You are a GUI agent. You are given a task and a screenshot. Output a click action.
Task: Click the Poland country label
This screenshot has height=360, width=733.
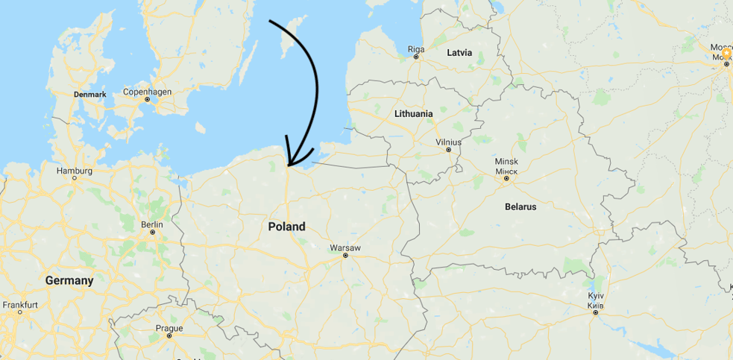coord(286,227)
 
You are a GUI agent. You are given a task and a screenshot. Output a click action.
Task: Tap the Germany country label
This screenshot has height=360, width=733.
coord(69,281)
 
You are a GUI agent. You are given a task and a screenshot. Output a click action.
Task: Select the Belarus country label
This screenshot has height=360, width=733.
coord(520,206)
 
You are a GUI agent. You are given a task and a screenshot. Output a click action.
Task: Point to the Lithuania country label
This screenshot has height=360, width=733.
coord(413,113)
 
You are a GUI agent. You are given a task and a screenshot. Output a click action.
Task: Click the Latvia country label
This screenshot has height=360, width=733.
coord(459,53)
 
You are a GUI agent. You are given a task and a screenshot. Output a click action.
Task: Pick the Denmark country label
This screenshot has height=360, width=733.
coord(90,95)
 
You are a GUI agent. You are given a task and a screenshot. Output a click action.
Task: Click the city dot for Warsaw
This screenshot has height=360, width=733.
coord(345,256)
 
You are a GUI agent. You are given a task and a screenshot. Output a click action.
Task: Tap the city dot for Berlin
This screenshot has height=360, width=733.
coord(152,233)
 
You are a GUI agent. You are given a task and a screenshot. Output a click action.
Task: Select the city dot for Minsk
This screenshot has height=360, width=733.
coord(506,178)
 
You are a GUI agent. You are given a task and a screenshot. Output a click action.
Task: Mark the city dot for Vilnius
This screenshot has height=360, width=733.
coord(449,150)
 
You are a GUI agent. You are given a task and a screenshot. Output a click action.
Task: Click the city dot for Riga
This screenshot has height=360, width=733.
coord(416,57)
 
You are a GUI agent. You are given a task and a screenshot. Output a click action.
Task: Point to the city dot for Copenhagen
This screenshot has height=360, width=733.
coord(148,100)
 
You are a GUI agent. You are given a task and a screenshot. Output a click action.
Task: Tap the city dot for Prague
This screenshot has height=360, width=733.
coord(169,336)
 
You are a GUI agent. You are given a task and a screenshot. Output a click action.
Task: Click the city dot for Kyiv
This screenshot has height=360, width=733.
coord(595,312)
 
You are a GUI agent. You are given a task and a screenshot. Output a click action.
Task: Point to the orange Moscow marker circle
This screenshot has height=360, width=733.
coord(726,54)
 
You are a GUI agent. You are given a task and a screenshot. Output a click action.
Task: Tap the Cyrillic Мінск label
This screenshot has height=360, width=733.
coord(506,170)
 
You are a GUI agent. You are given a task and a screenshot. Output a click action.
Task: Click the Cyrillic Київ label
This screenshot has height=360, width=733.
coord(595,305)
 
